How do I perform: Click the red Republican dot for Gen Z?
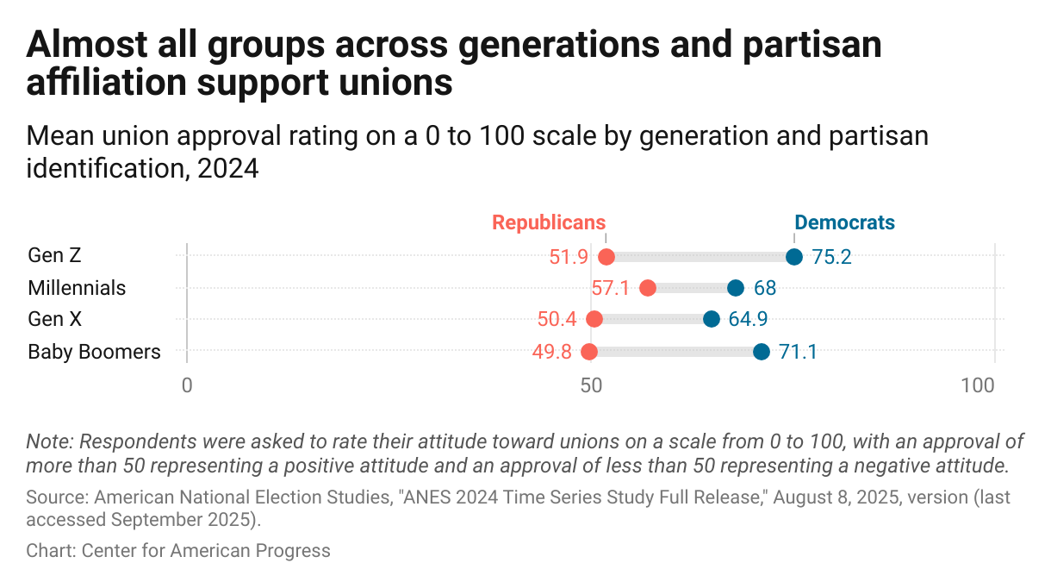(x=606, y=256)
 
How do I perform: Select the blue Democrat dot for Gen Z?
(x=794, y=256)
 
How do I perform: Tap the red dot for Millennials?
(x=648, y=288)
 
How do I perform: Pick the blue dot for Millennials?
(x=736, y=288)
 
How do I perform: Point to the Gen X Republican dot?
(x=594, y=319)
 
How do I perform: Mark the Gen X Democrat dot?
(x=712, y=319)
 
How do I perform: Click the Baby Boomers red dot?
(x=589, y=351)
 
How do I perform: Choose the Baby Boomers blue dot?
(x=762, y=351)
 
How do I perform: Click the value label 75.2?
(x=831, y=257)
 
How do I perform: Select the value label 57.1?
(x=611, y=288)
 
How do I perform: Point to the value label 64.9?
(x=748, y=320)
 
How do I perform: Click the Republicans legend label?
(x=549, y=222)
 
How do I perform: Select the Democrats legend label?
(x=844, y=222)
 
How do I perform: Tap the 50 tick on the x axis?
(x=591, y=386)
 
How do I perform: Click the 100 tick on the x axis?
(x=978, y=386)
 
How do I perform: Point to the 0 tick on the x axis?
(x=187, y=386)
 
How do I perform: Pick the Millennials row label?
(x=77, y=288)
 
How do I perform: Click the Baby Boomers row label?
(x=94, y=352)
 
